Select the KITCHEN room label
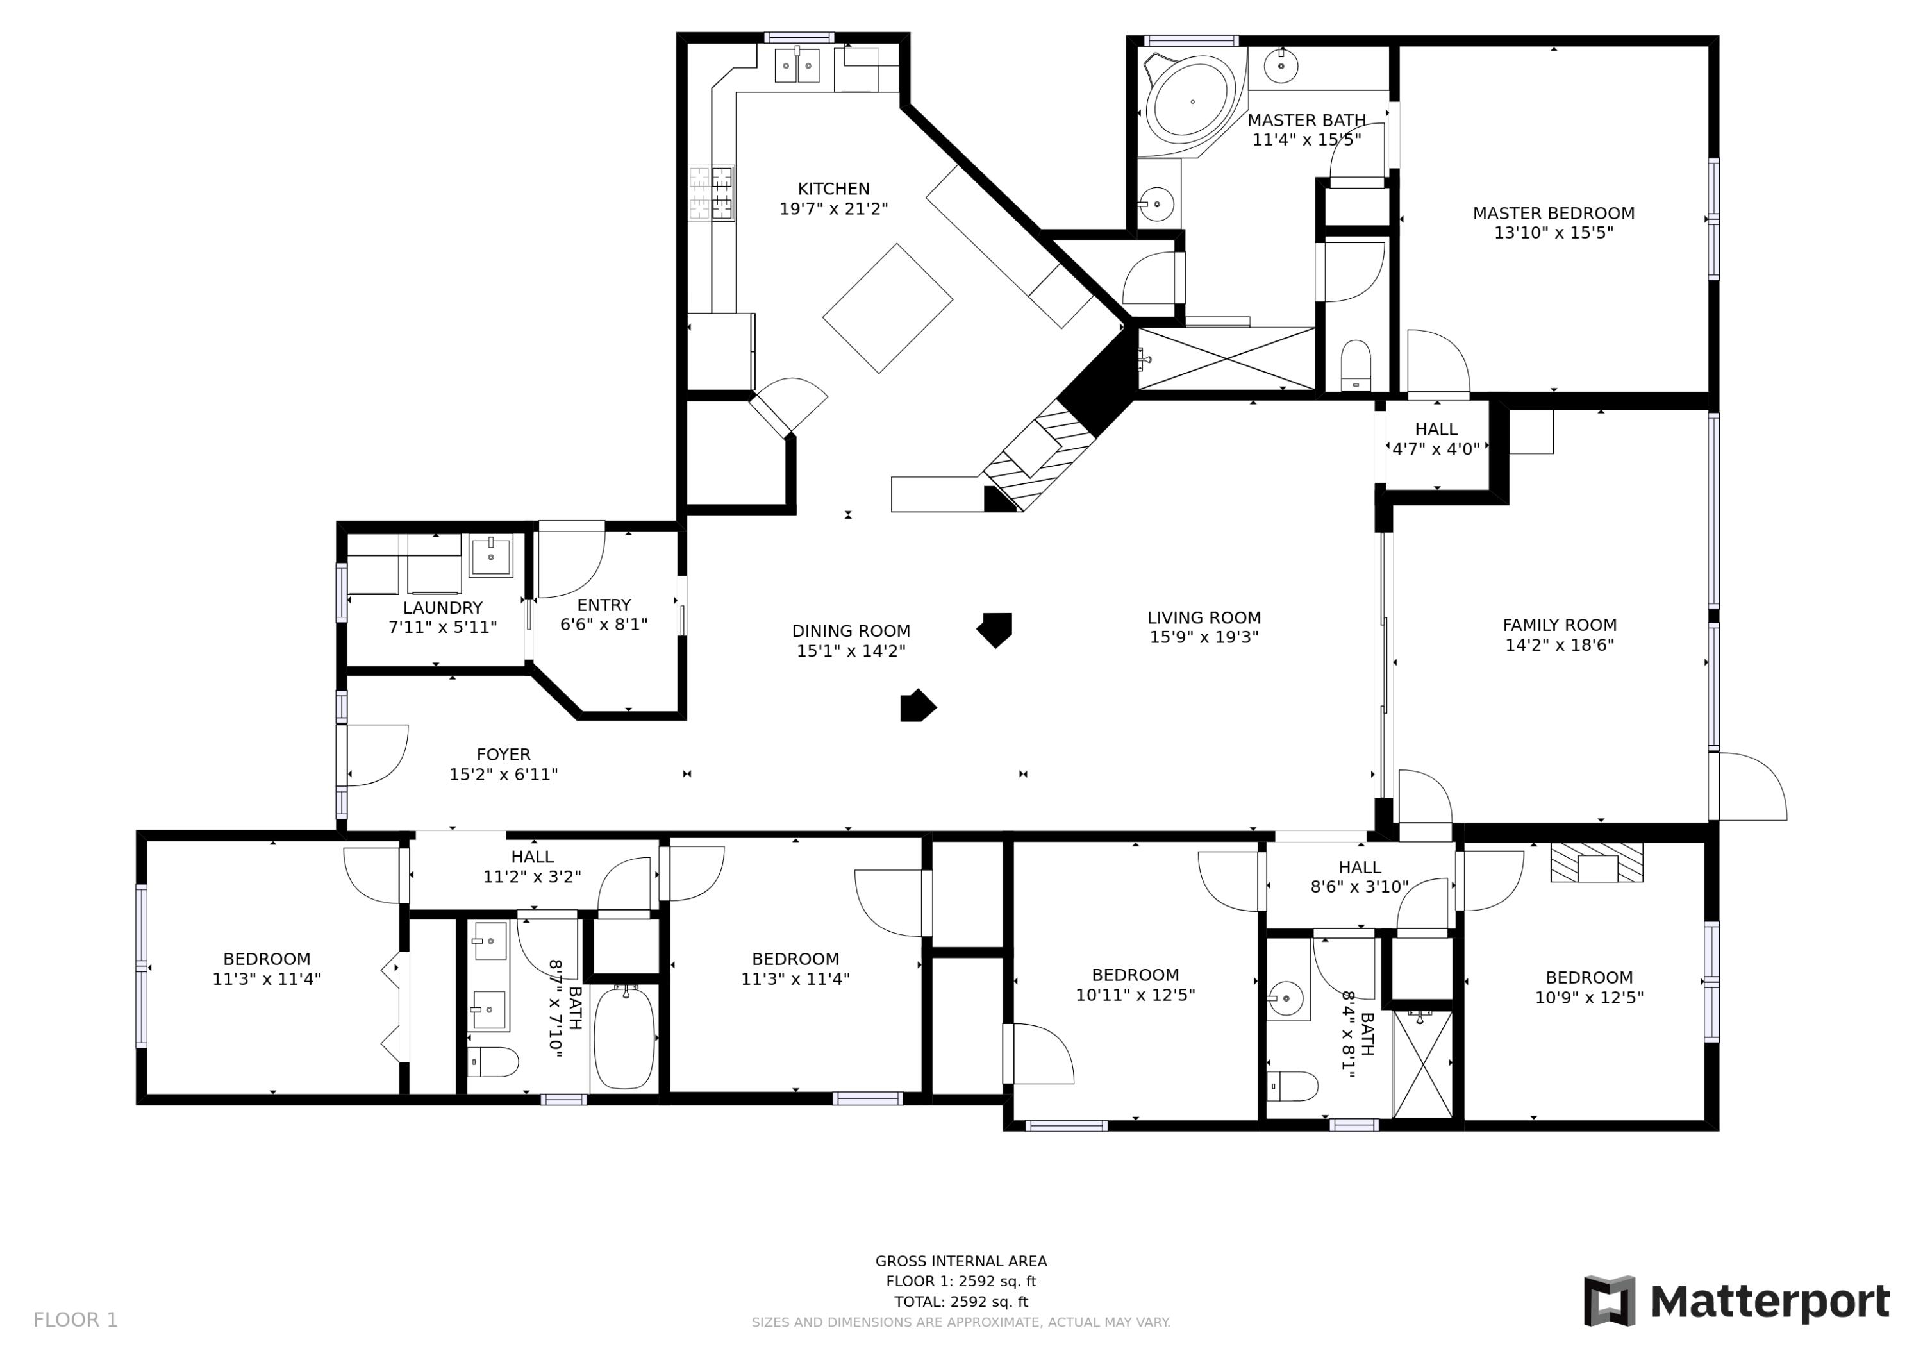[833, 189]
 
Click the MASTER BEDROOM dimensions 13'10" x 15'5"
[1554, 233]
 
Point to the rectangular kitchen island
[888, 308]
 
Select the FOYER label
[503, 755]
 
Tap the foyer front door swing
[377, 755]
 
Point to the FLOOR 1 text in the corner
[76, 1321]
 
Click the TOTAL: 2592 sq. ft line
[961, 1302]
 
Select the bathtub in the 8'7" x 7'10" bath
[624, 1039]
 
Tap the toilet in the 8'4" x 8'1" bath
[1294, 1086]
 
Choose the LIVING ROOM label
[1204, 618]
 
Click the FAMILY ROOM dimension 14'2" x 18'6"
[1559, 645]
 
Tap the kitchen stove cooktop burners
[712, 194]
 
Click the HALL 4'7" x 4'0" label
[1436, 439]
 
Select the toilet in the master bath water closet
[1355, 365]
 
